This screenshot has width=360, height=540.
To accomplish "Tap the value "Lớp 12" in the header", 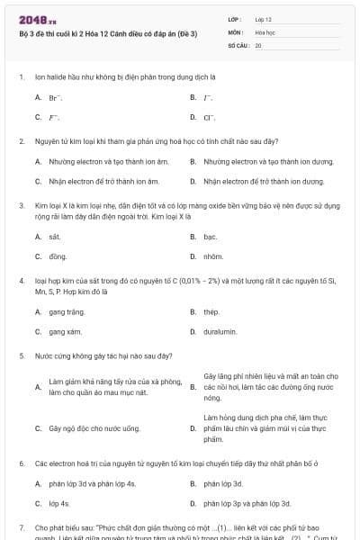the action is coord(264,19).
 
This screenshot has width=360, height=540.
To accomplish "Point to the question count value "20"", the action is coord(258,44).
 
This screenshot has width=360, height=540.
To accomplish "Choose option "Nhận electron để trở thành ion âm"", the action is coord(97,181).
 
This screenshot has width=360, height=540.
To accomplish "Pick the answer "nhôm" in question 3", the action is coord(212,256).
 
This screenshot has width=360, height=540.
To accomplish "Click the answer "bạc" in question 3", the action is coord(211,237).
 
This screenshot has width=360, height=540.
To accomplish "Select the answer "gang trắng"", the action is coord(67,311).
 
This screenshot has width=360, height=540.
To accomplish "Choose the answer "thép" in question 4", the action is coord(211,311).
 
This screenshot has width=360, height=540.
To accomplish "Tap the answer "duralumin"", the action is coord(220,331).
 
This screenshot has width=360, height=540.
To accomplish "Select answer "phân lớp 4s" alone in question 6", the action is coord(59,503).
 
